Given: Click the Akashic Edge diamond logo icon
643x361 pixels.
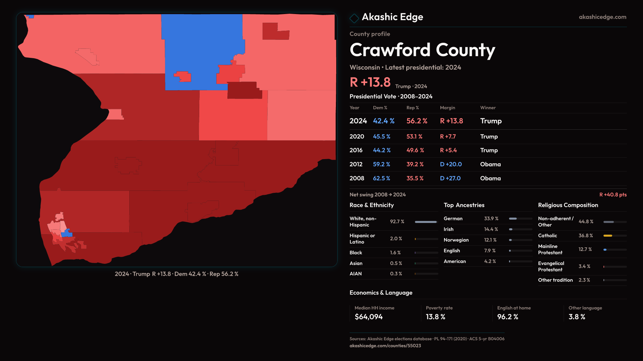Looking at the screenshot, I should (x=354, y=18).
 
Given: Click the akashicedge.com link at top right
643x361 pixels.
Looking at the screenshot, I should (x=602, y=17).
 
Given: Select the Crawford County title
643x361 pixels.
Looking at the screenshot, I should (x=422, y=50).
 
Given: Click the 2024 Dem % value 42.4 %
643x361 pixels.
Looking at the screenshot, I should (x=383, y=121).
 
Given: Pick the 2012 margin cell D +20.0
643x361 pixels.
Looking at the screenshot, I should (x=450, y=164).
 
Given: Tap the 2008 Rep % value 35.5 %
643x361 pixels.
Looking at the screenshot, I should (x=415, y=178).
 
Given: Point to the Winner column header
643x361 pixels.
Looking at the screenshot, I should (x=488, y=108).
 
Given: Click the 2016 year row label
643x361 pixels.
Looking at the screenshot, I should (x=356, y=150).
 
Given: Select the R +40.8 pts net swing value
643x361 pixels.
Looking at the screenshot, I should (x=613, y=195).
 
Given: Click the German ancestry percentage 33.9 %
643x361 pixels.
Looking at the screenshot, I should (x=491, y=219).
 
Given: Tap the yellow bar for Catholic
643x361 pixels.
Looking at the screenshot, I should (x=608, y=236).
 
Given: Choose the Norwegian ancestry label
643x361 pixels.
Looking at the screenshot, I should (x=456, y=240).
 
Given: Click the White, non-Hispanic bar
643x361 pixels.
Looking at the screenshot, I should (x=426, y=222).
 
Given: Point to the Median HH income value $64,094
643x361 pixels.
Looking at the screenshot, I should (x=368, y=317).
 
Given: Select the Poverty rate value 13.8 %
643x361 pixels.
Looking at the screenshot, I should (x=435, y=317).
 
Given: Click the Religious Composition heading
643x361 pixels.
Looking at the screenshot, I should (x=568, y=205).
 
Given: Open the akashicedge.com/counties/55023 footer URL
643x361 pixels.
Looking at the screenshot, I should (x=385, y=346).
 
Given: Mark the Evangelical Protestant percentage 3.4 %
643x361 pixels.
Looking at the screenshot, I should (x=584, y=266).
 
